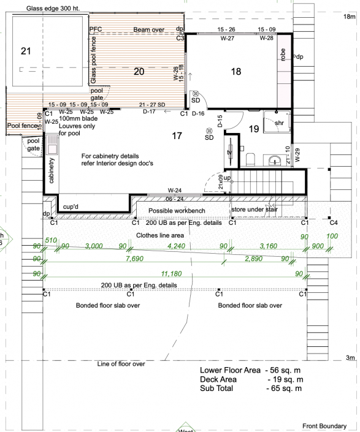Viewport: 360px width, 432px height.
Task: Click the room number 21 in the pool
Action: click(25, 51)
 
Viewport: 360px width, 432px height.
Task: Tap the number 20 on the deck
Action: click(139, 72)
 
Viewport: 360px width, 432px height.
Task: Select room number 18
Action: click(236, 72)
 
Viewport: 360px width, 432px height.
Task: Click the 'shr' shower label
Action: click(279, 123)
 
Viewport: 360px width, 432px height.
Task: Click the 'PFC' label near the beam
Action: click(96, 29)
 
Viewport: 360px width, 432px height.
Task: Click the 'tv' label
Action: click(229, 153)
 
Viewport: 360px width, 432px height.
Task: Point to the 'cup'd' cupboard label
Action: click(71, 207)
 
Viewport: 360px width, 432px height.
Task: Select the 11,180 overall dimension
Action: click(173, 273)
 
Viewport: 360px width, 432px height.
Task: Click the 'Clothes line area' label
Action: click(161, 235)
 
